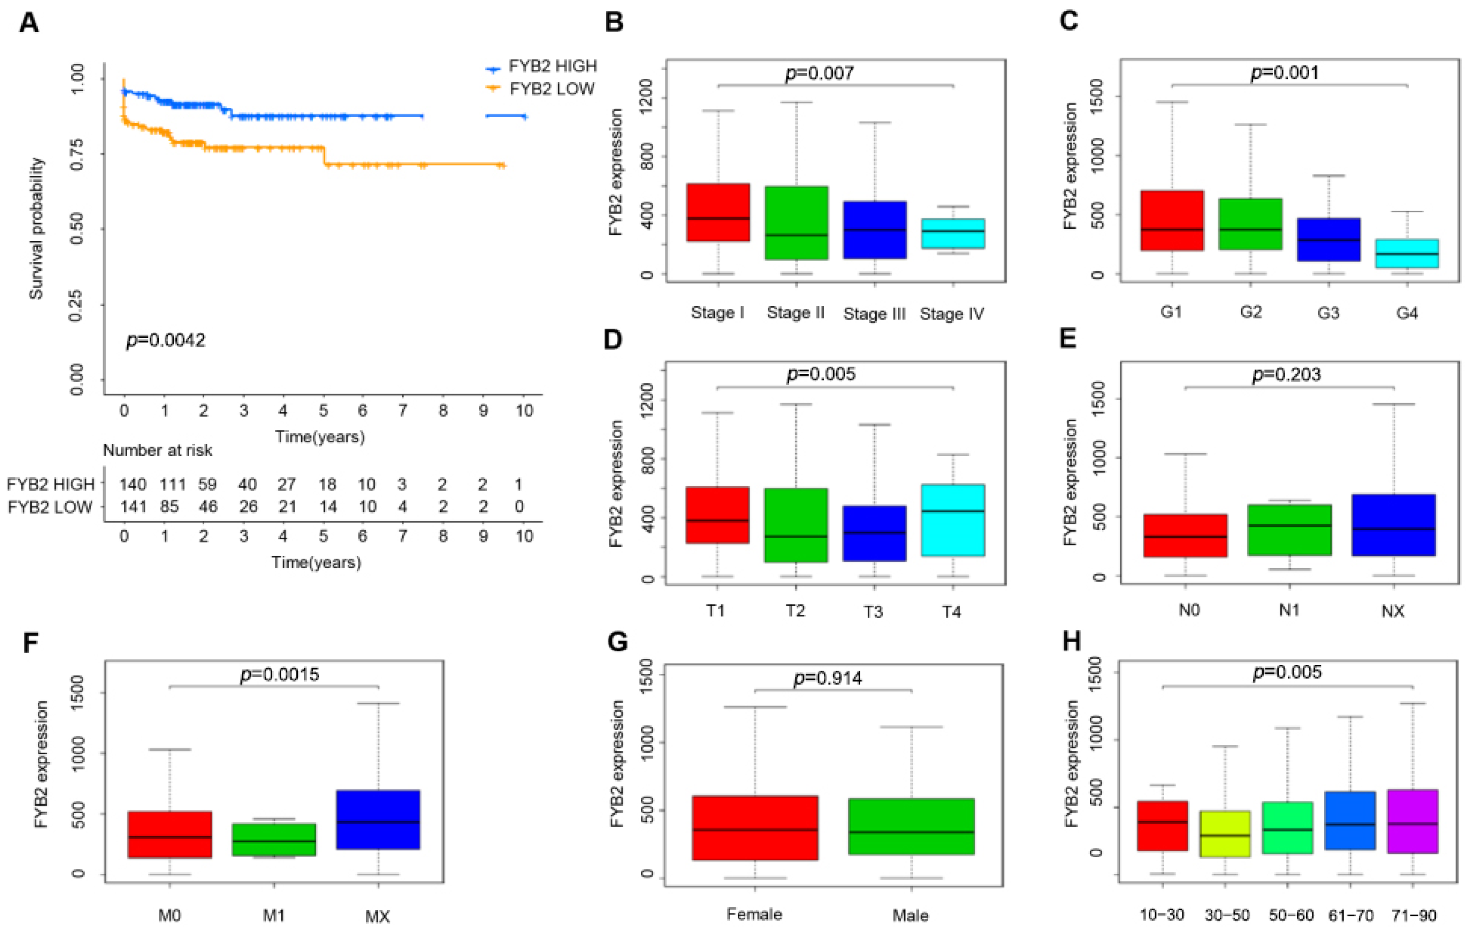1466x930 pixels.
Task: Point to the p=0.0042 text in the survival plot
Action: click(165, 340)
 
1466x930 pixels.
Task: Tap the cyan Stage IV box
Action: click(953, 234)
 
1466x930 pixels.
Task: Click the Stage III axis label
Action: click(874, 314)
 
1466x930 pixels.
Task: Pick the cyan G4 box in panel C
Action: click(1406, 253)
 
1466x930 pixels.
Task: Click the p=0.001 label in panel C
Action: click(1285, 72)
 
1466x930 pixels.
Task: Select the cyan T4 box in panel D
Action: click(953, 520)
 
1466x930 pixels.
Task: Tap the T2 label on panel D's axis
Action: click(795, 611)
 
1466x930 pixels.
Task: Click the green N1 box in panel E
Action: click(1289, 530)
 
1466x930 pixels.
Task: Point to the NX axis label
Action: click(1392, 611)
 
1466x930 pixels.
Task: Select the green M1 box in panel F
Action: click(274, 840)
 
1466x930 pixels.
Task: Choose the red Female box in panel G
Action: click(755, 828)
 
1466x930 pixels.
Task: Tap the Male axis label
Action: click(911, 915)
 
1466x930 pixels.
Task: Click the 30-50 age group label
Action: click(1227, 915)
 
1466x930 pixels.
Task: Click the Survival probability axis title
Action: click(36, 228)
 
